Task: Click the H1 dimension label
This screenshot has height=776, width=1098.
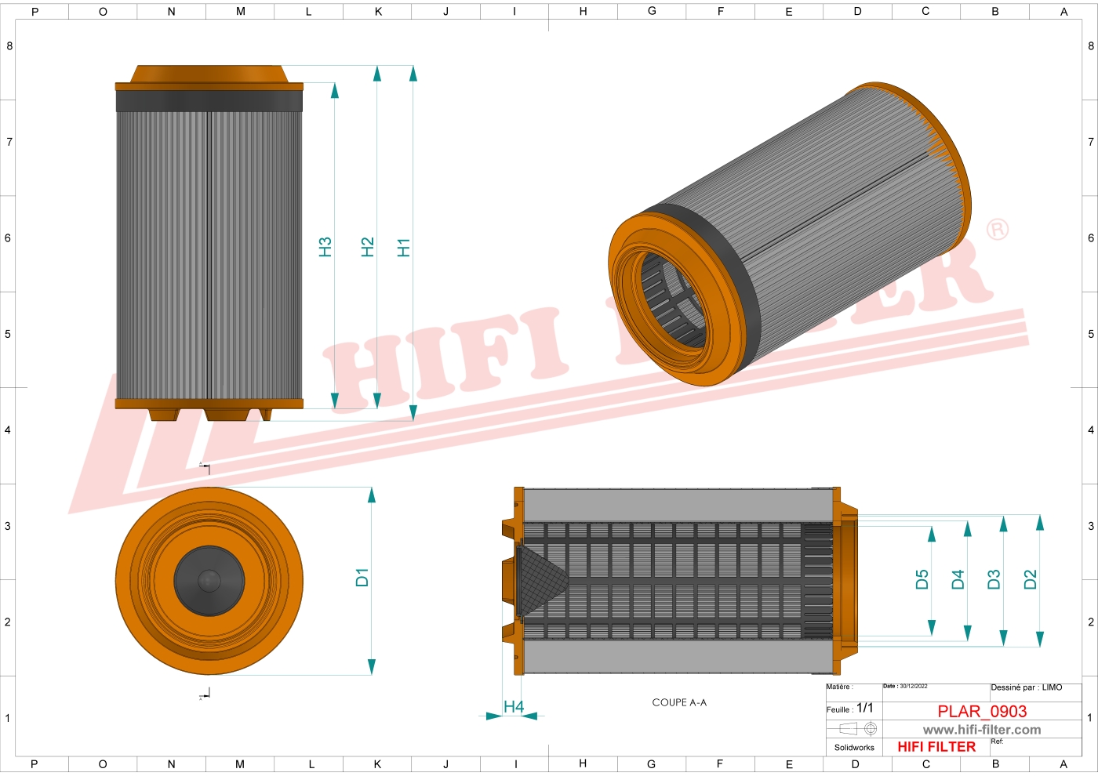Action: (x=404, y=248)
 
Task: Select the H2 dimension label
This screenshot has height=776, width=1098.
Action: (x=367, y=248)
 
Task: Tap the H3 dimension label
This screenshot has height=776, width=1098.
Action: (x=325, y=248)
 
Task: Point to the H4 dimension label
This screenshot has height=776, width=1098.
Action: (x=514, y=707)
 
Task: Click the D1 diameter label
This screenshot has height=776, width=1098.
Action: (x=362, y=578)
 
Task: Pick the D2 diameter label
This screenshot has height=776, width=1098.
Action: (x=1030, y=580)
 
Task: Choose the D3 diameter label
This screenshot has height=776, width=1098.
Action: (x=994, y=580)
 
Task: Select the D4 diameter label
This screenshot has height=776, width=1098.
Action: (x=958, y=580)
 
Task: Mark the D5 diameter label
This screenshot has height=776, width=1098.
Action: (x=922, y=580)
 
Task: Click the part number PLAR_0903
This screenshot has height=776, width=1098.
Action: (x=982, y=711)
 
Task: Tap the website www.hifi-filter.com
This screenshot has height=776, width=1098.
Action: (x=982, y=730)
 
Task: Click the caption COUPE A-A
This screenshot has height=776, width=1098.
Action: (x=679, y=702)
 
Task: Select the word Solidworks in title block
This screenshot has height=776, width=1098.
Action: (x=854, y=748)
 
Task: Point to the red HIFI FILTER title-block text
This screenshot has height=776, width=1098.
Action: (x=936, y=747)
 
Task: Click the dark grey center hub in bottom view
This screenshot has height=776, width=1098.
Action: (x=209, y=581)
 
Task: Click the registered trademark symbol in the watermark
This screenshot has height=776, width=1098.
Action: (x=998, y=230)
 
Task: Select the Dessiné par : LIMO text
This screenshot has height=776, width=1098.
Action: (x=1026, y=687)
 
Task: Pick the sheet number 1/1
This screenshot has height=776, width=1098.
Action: (x=864, y=708)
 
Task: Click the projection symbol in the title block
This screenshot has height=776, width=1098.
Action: (x=858, y=729)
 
